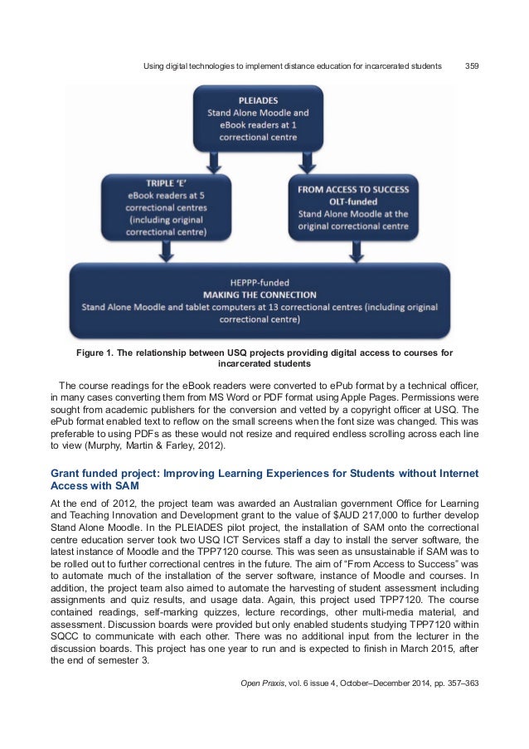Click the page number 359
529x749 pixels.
tap(470, 65)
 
